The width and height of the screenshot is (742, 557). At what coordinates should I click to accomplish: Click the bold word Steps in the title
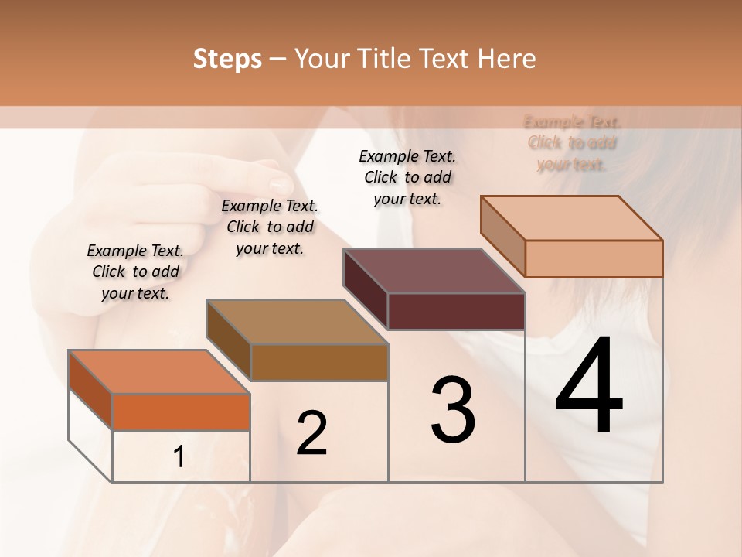click(227, 59)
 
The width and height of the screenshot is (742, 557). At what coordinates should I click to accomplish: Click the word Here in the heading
click(506, 59)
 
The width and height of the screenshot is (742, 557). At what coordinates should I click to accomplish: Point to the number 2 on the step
click(311, 433)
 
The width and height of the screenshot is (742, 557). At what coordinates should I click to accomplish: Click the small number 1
click(179, 457)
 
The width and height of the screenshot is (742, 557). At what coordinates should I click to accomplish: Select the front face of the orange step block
click(181, 412)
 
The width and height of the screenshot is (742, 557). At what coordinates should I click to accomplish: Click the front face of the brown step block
click(319, 362)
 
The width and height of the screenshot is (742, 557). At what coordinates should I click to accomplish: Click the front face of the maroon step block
click(456, 311)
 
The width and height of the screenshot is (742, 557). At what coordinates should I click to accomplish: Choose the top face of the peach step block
click(572, 217)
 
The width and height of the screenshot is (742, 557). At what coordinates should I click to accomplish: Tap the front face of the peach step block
click(594, 258)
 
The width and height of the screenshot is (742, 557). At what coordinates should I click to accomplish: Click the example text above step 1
click(135, 272)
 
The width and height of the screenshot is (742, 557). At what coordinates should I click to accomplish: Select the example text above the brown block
click(270, 227)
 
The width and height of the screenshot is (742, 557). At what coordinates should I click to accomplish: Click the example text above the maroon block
click(407, 177)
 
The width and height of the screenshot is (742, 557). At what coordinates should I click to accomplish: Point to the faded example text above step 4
click(572, 143)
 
